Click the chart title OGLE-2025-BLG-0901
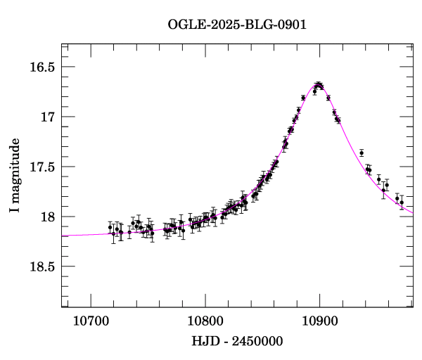(x=237, y=25)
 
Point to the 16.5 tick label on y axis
(x=41, y=67)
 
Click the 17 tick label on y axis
(x=49, y=117)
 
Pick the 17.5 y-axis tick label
(x=41, y=167)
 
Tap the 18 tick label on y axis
(x=49, y=217)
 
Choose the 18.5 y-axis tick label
(x=41, y=266)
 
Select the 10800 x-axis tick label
(x=205, y=321)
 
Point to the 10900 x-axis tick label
(x=320, y=321)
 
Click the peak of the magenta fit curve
(x=319, y=86)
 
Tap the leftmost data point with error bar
(x=110, y=227)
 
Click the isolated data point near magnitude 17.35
(x=362, y=153)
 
